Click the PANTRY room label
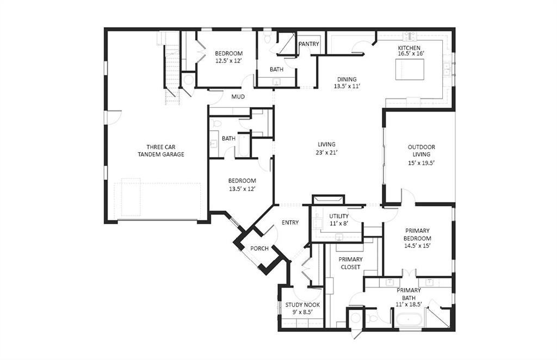click(x=308, y=44)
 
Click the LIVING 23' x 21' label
click(x=326, y=148)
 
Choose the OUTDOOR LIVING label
click(x=421, y=154)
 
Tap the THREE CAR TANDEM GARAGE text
click(x=160, y=151)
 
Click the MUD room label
click(x=238, y=97)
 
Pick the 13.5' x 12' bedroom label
click(x=242, y=184)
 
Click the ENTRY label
click(x=290, y=222)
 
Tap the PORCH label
click(x=259, y=249)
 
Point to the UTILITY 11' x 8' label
click(x=339, y=220)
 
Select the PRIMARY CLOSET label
click(x=350, y=263)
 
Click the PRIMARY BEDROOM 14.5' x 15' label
click(x=417, y=238)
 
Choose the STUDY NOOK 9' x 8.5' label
click(x=301, y=308)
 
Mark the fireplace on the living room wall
click(x=328, y=200)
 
